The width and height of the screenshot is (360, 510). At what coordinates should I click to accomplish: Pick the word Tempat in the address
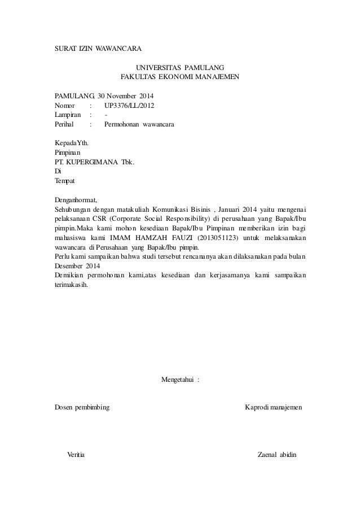(x=64, y=181)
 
